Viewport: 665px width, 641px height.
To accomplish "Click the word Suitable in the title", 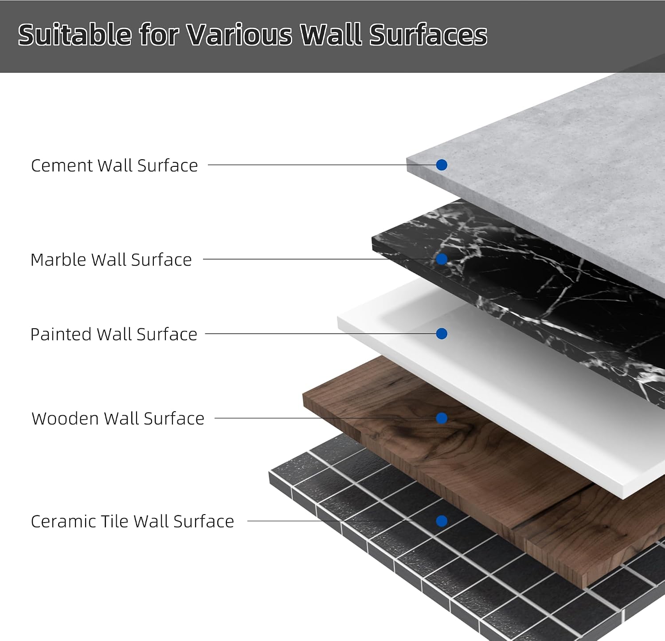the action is (75, 35).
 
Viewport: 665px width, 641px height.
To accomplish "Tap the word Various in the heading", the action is (239, 35).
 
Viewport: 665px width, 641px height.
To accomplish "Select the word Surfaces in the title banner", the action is (428, 35).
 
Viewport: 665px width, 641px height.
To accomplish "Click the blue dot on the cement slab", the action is (442, 165).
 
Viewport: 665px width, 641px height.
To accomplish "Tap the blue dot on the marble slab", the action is (442, 259).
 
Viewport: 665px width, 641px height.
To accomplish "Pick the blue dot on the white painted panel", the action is (442, 334).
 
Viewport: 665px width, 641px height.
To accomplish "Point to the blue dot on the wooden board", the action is (442, 418).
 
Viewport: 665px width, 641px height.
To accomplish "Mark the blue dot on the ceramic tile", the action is (442, 521).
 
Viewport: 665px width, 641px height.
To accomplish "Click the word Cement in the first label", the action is (62, 165).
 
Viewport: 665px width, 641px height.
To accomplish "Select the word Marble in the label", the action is (58, 260).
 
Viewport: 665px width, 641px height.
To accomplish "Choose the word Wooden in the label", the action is (65, 418).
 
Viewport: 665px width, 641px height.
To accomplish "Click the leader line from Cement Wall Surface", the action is (322, 165).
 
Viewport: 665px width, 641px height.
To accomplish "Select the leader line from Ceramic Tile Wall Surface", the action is (341, 521).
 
